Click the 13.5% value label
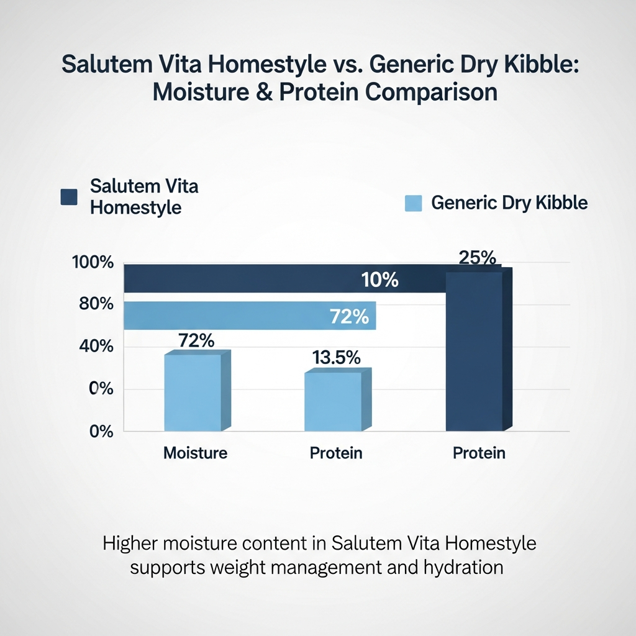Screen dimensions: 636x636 [x=336, y=358]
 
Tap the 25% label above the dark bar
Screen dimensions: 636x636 [x=478, y=258]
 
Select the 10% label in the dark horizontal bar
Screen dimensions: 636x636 [x=379, y=280]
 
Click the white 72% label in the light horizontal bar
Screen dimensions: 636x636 [x=349, y=316]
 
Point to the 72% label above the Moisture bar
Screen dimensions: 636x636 [x=196, y=341]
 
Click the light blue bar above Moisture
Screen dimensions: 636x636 [x=198, y=391]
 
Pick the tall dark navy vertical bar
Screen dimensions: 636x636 [x=479, y=349]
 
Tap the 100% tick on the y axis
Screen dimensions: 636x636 [x=93, y=263]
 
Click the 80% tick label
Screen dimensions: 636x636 [x=96, y=304]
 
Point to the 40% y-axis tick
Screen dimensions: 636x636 [x=96, y=347]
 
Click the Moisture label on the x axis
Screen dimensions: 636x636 [x=195, y=453]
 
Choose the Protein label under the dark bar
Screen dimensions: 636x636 [x=479, y=453]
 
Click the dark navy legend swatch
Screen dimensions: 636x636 [x=69, y=197]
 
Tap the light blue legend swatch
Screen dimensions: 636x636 [x=413, y=203]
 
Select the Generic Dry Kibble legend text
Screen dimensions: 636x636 [x=509, y=203]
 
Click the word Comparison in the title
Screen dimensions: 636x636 [x=431, y=92]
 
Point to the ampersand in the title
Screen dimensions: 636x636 [x=264, y=92]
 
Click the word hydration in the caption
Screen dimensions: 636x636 [x=463, y=567]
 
